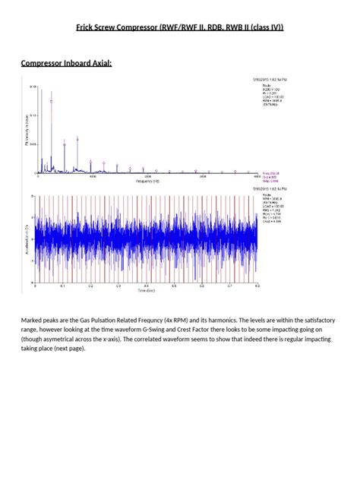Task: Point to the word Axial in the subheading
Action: click(104, 63)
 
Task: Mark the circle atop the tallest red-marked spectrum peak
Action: click(52, 99)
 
